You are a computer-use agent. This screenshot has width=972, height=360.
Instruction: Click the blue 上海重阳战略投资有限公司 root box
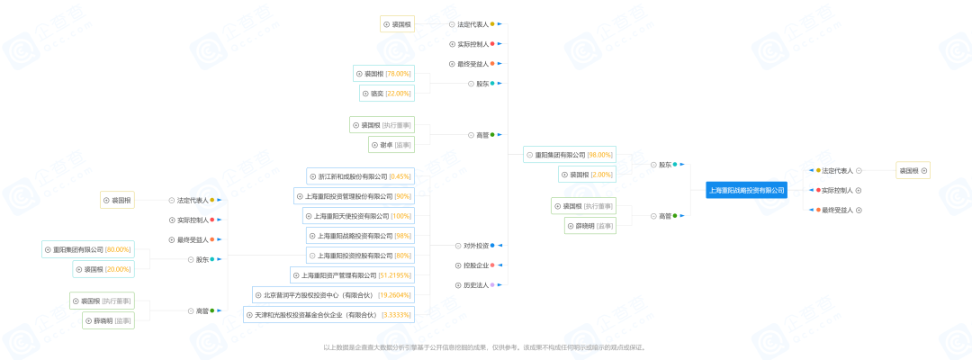coord(746,190)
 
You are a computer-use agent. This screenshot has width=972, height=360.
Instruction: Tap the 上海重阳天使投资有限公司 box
coord(352,216)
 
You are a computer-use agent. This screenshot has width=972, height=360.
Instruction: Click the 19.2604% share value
coord(394,294)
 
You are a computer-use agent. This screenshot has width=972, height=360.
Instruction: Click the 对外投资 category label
coord(476,245)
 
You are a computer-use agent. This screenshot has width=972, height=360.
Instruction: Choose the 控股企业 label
coord(476,265)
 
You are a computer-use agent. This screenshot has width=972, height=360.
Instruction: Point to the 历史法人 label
coord(476,285)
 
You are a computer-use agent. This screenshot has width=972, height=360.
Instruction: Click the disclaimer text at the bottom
coord(485,346)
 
